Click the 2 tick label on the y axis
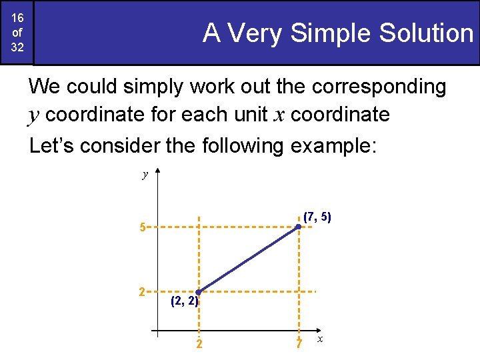pyautogui.click(x=141, y=291)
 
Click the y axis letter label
pyautogui.click(x=145, y=175)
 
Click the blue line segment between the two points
pyautogui.click(x=249, y=259)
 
